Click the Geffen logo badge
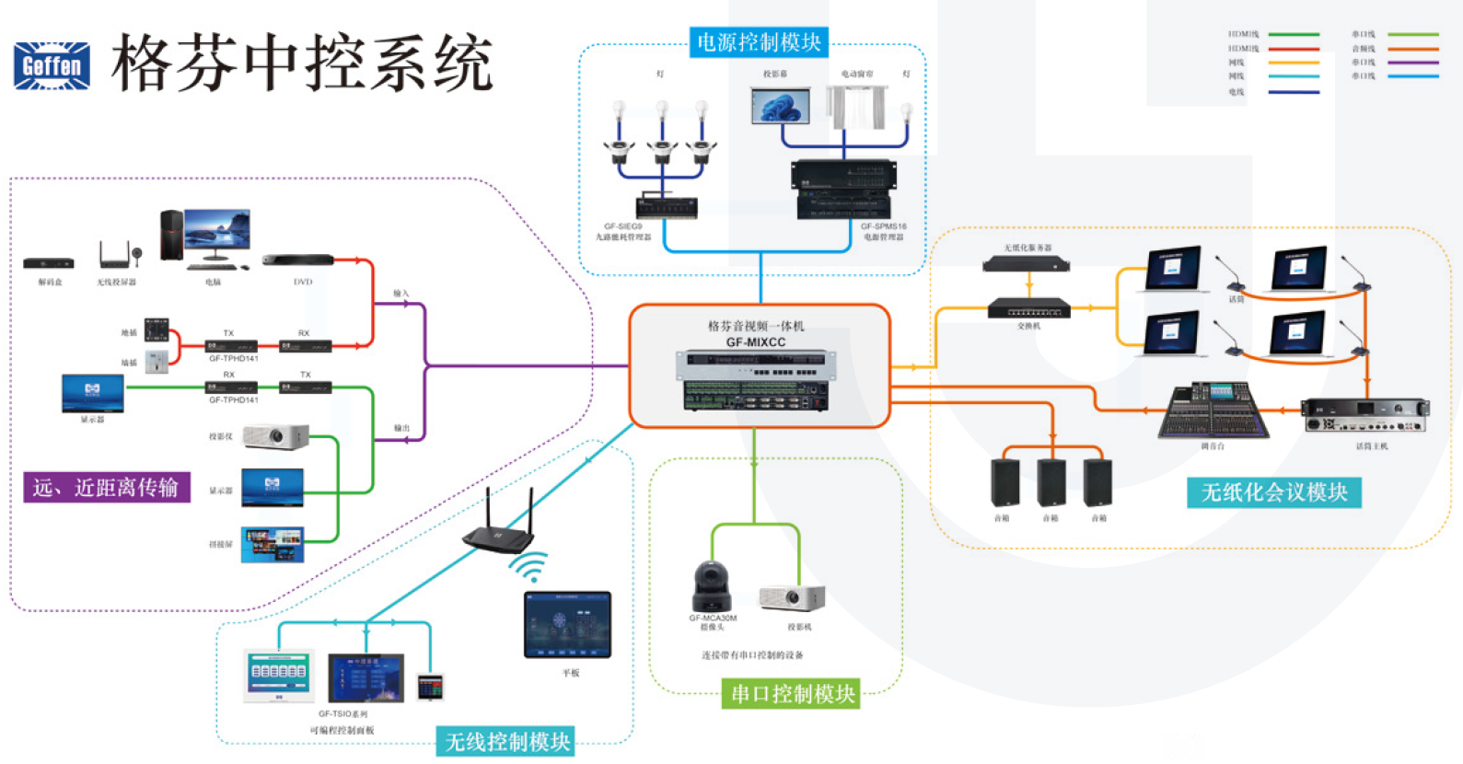[52, 65]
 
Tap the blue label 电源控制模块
[759, 42]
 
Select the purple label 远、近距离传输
[106, 487]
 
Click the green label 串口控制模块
[793, 694]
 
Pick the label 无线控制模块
[507, 741]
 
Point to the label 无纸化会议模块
[1274, 492]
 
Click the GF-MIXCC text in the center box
[756, 342]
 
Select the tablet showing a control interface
[567, 625]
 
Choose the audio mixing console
[1213, 411]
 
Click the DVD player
[297, 260]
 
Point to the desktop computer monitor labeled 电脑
[216, 234]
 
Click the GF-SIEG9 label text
[623, 226]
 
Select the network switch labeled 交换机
[1028, 307]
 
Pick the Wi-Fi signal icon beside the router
[530, 568]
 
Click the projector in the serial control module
[792, 597]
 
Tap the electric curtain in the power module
[856, 108]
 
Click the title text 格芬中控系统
[302, 64]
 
